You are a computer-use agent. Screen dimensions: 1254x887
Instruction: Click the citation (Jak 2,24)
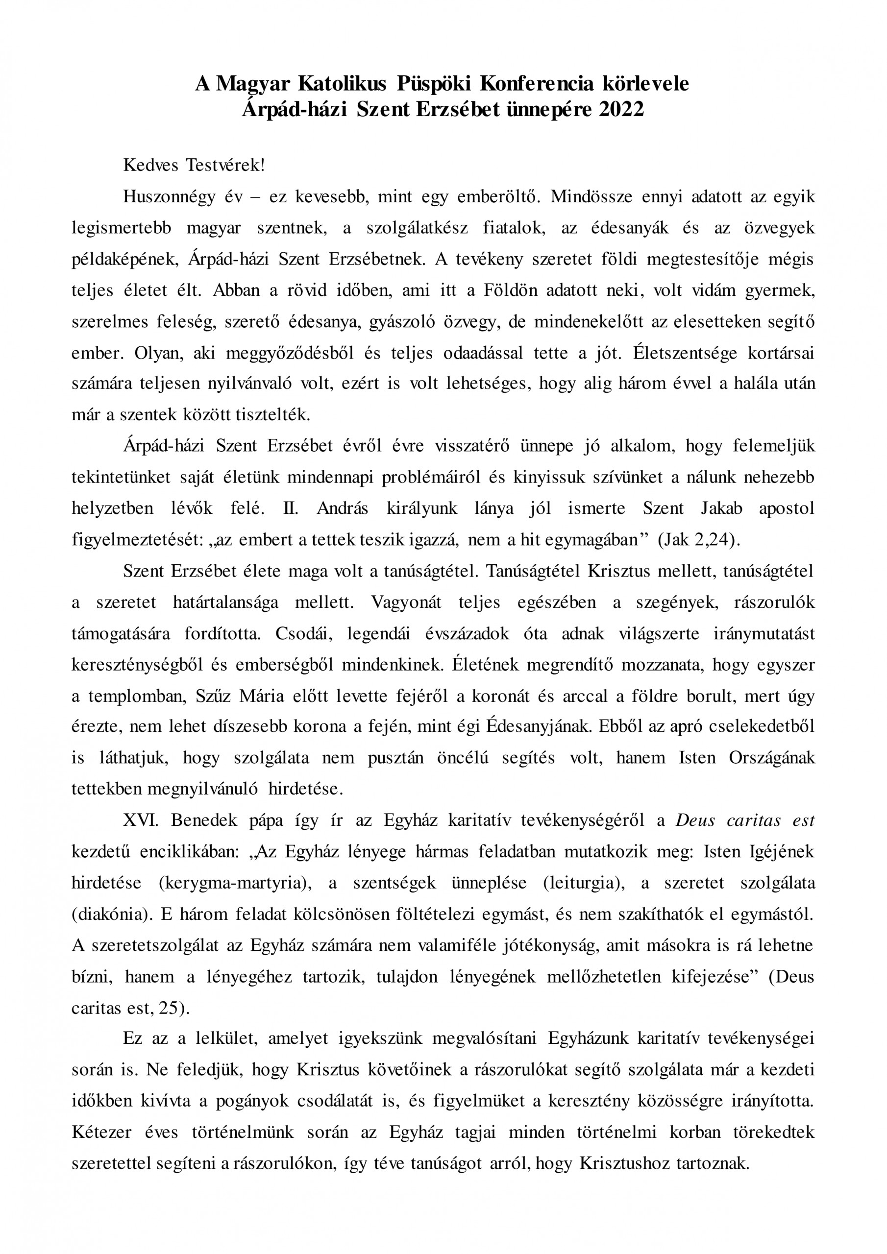[698, 540]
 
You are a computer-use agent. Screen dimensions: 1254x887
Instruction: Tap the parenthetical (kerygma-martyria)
[232, 883]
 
